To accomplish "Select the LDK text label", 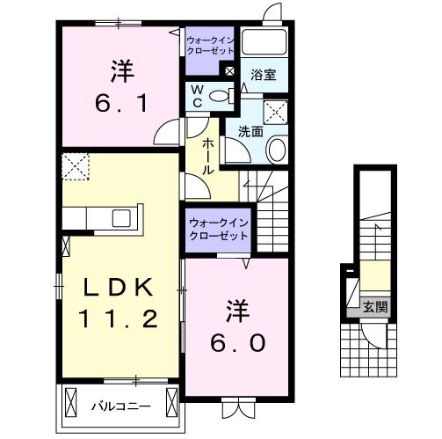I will click(x=120, y=288).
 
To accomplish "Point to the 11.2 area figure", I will click(x=120, y=318).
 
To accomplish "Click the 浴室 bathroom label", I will click(x=263, y=76).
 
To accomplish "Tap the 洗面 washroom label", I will click(x=250, y=130).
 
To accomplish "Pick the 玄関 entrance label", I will click(x=374, y=307).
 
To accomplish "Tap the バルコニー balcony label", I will click(x=120, y=406).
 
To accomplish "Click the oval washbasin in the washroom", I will click(x=275, y=150).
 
